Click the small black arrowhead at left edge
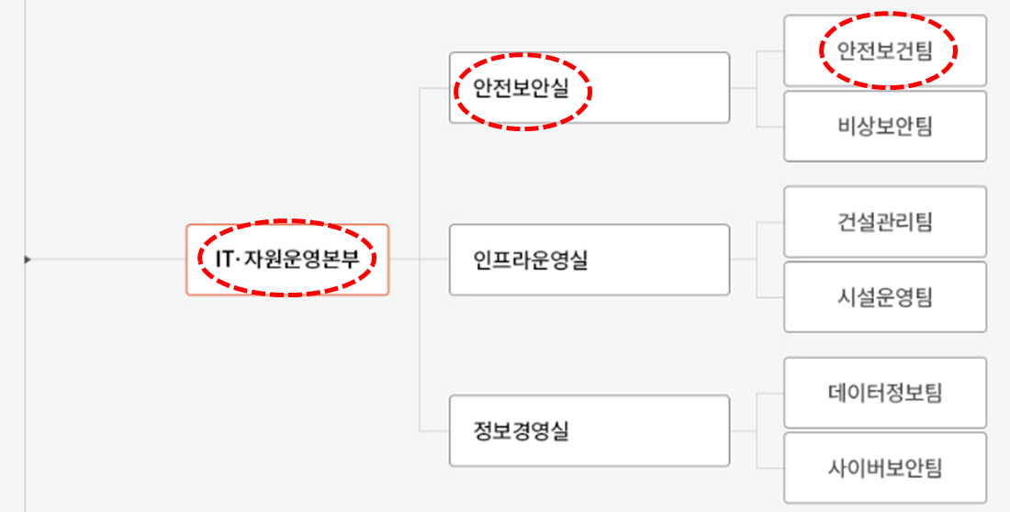tap(28, 260)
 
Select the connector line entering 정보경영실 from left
tap(433, 430)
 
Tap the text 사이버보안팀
tap(884, 468)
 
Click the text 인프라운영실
tap(531, 261)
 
